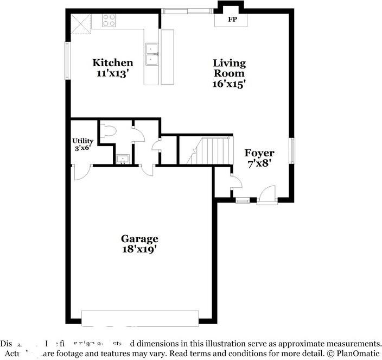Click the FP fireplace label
(232, 20)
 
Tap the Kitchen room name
(112, 63)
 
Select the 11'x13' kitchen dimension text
(112, 73)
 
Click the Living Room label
(228, 68)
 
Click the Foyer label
(259, 153)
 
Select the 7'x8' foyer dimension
(259, 163)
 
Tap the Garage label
(139, 238)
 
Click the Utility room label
(83, 141)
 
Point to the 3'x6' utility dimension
(83, 148)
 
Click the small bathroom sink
(122, 159)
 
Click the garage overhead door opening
(140, 318)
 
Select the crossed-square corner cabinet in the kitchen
(81, 24)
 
